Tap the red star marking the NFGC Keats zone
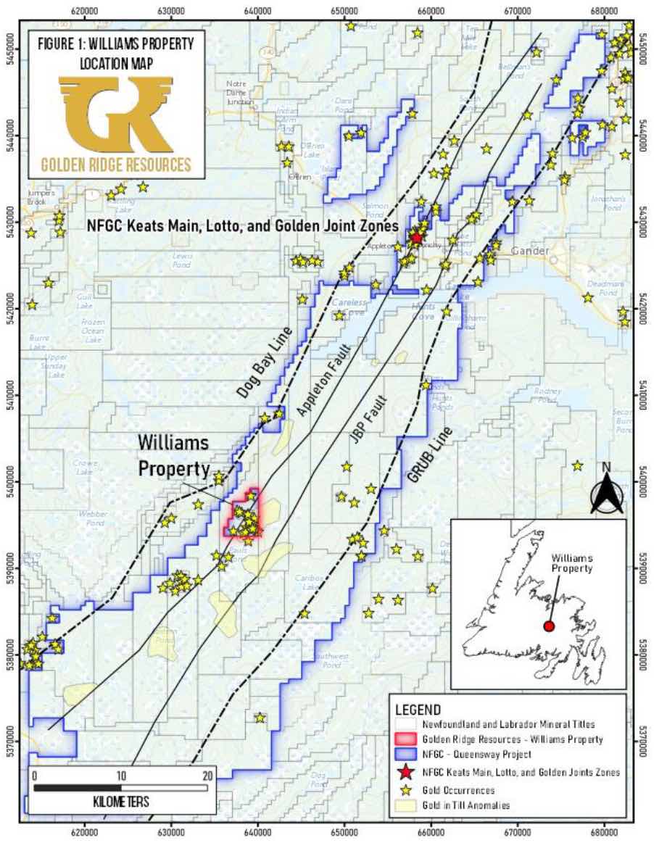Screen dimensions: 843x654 coord(416,238)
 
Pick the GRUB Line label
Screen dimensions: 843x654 coord(429,455)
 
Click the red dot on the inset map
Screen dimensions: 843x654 coord(549,626)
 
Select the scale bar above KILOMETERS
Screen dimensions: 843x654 coord(120,787)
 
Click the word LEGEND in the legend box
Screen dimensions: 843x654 coord(418,708)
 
